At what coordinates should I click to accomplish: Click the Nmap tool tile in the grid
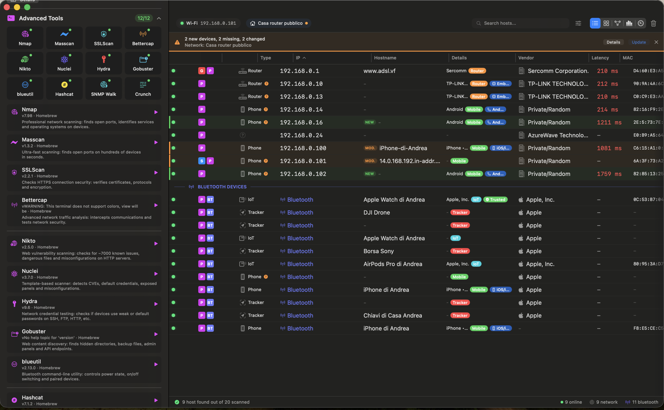(25, 38)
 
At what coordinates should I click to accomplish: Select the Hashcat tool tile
(64, 88)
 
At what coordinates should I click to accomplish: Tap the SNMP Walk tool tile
(104, 88)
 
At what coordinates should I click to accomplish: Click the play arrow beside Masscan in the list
(156, 143)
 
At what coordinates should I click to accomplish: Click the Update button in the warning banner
(639, 42)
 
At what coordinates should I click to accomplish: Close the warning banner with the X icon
(656, 42)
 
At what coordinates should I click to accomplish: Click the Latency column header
(600, 58)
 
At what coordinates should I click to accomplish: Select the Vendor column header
(526, 58)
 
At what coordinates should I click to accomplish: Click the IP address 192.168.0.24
(301, 135)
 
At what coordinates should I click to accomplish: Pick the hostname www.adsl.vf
(379, 71)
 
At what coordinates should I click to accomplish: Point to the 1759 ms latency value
(609, 174)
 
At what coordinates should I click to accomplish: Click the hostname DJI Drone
(376, 212)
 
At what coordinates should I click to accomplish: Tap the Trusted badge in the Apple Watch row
(495, 199)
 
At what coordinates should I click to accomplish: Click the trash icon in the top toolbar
(653, 23)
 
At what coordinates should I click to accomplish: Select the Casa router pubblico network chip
(280, 23)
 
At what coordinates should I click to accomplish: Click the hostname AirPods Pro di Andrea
(392, 264)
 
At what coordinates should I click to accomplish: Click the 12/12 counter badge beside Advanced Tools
(144, 18)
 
